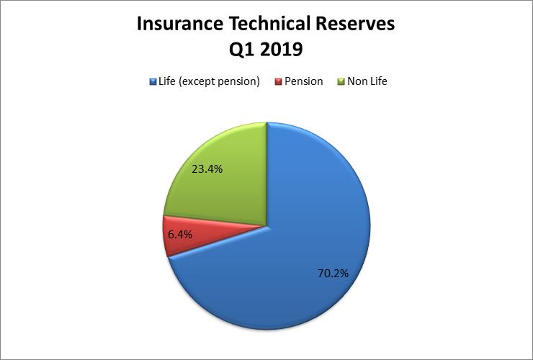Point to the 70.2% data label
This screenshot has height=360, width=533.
(333, 274)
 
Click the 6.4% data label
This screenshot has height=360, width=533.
(180, 234)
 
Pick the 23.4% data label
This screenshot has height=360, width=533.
(207, 169)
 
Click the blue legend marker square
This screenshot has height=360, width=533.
(153, 81)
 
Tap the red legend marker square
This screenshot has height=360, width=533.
(279, 81)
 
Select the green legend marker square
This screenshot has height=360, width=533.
(341, 81)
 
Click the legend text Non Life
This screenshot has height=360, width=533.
(367, 81)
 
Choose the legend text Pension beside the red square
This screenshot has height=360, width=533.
(303, 81)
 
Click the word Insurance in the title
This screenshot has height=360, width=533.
(180, 24)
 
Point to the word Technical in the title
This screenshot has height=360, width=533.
(269, 24)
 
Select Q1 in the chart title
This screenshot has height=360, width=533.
(241, 50)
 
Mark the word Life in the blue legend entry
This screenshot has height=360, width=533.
(167, 81)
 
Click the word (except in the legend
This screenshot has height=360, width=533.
(196, 81)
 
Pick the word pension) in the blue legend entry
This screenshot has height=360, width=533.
(238, 82)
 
